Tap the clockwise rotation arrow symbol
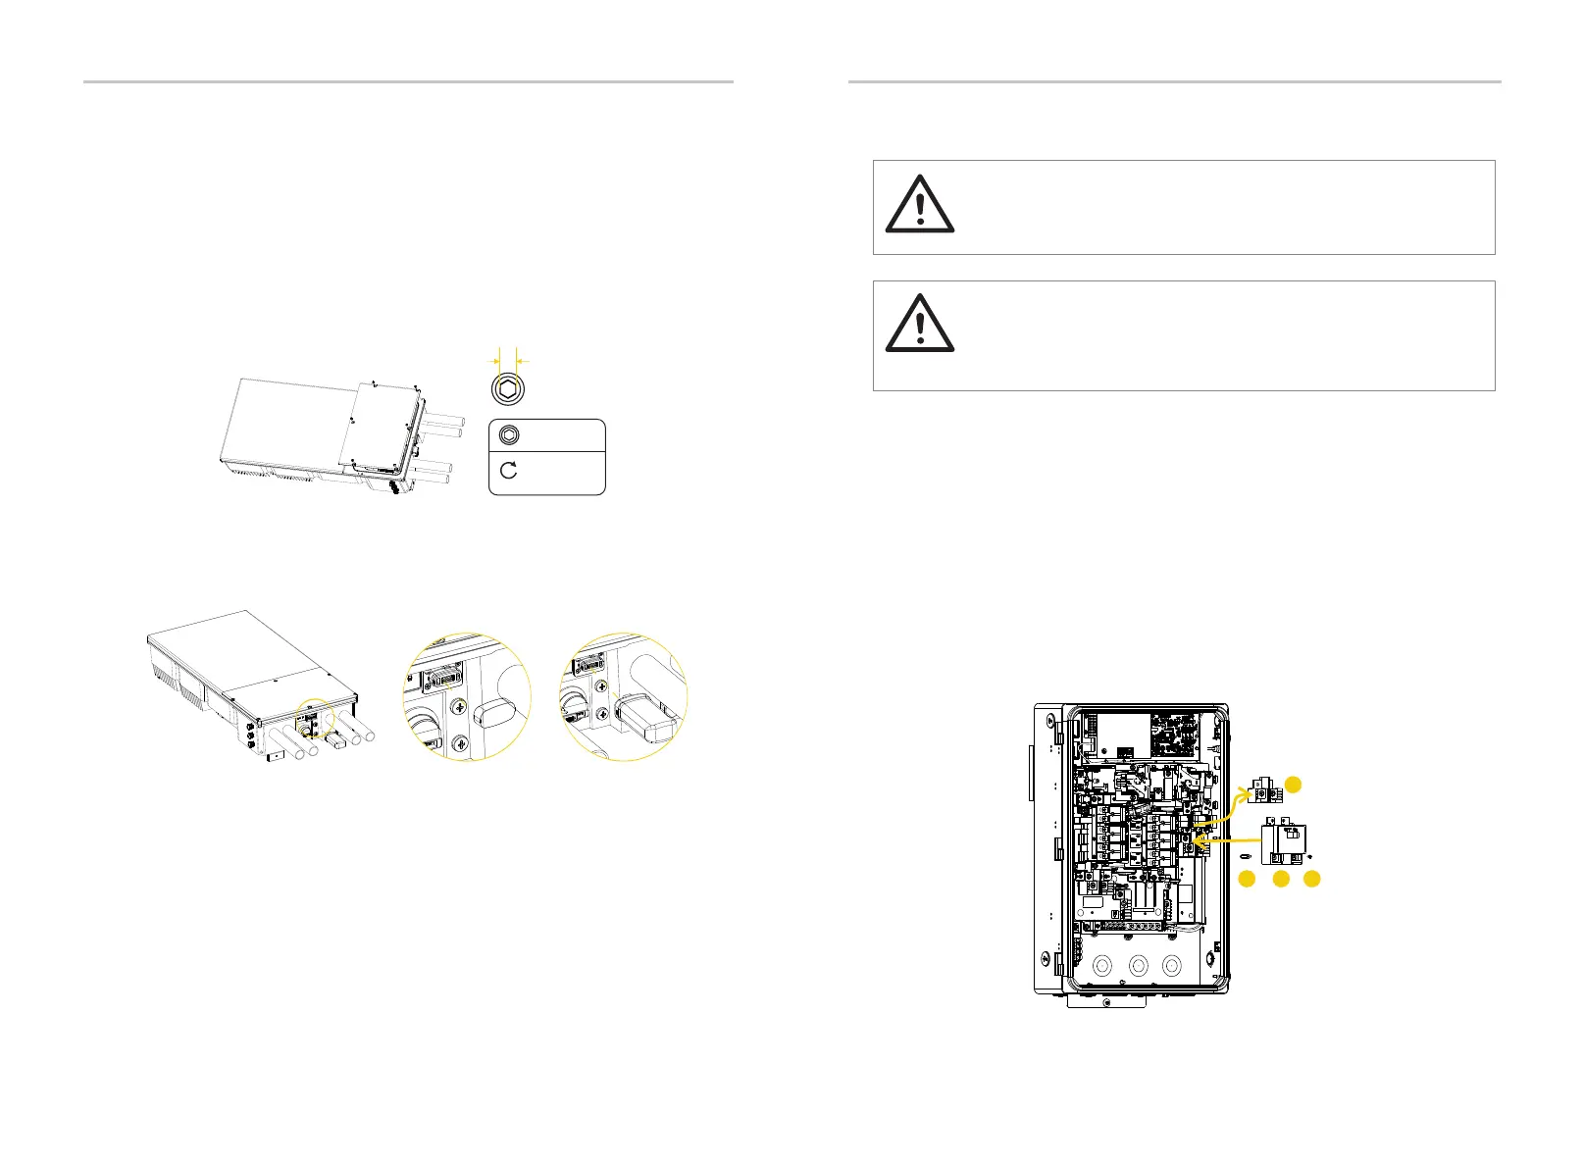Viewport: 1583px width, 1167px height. coord(509,471)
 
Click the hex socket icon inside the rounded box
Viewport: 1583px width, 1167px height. coord(509,435)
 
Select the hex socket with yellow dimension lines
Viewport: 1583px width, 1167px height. coord(508,389)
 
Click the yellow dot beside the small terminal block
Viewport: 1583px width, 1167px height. coord(1294,783)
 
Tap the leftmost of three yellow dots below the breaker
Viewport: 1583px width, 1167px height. coord(1246,880)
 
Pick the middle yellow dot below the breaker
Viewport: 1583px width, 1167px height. coord(1280,880)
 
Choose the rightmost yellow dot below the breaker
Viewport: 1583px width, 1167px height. coord(1312,880)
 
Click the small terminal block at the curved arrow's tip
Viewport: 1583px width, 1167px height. coord(1264,787)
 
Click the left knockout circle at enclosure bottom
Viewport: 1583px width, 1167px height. coord(1103,966)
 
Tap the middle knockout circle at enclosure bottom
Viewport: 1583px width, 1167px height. coord(1138,966)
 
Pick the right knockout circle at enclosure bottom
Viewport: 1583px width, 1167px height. coord(1171,966)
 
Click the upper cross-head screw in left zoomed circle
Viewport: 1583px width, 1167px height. coord(458,705)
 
